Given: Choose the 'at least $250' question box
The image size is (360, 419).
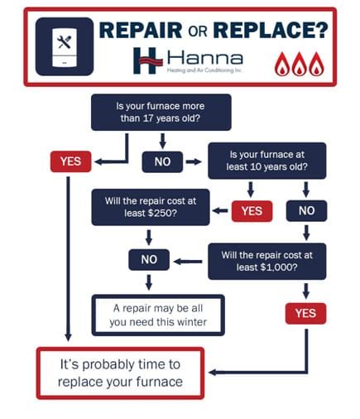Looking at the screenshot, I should point(149,208).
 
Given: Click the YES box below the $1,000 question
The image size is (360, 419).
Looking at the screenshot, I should point(305,313).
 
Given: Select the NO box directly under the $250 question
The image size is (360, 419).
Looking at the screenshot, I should point(149,260).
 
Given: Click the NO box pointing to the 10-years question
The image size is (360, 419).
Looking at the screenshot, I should point(162,161).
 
